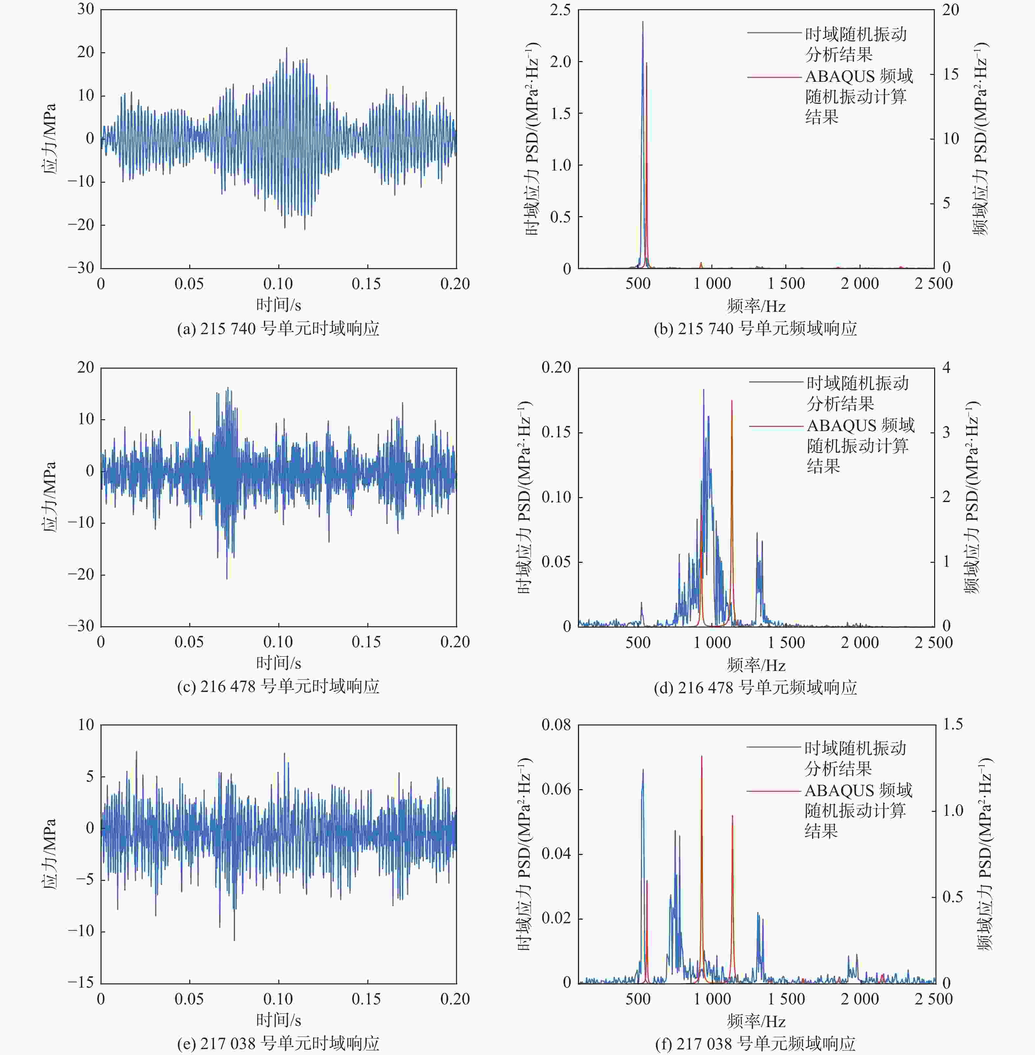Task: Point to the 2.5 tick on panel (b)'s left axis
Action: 560,10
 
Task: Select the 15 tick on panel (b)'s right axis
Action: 950,74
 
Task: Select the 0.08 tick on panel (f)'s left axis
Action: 556,724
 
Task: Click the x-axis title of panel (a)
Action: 278,304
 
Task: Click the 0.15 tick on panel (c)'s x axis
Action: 366,642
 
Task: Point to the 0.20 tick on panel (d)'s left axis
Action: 556,367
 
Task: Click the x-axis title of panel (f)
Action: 756,1021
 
